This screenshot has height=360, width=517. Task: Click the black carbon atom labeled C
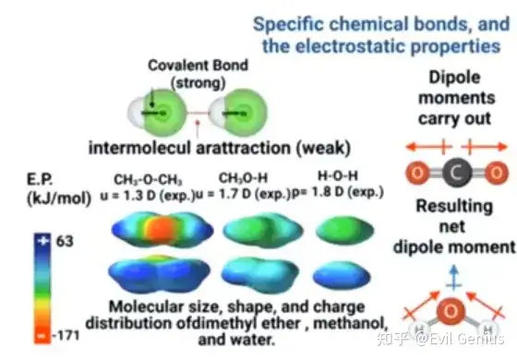pyautogui.click(x=457, y=173)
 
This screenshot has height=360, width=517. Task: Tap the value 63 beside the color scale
pyautogui.click(x=65, y=241)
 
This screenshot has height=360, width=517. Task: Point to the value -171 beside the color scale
pyautogui.click(x=66, y=336)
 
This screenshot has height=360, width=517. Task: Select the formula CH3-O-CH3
pyautogui.click(x=148, y=180)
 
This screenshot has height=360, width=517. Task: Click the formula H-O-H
pyautogui.click(x=338, y=175)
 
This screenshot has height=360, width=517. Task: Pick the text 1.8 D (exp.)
pyautogui.click(x=347, y=192)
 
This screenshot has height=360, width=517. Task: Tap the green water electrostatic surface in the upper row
pyautogui.click(x=345, y=230)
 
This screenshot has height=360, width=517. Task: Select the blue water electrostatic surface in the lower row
pyautogui.click(x=342, y=276)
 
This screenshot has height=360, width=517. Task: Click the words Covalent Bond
pyautogui.click(x=198, y=66)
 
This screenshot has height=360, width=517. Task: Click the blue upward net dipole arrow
pyautogui.click(x=454, y=278)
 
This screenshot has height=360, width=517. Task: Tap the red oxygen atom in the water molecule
pyautogui.click(x=451, y=311)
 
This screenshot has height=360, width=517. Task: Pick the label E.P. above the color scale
pyautogui.click(x=40, y=180)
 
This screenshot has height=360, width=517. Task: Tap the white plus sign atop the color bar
pyautogui.click(x=42, y=241)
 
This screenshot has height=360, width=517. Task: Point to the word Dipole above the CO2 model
pyautogui.click(x=454, y=78)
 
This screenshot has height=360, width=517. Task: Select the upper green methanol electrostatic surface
pyautogui.click(x=263, y=230)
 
